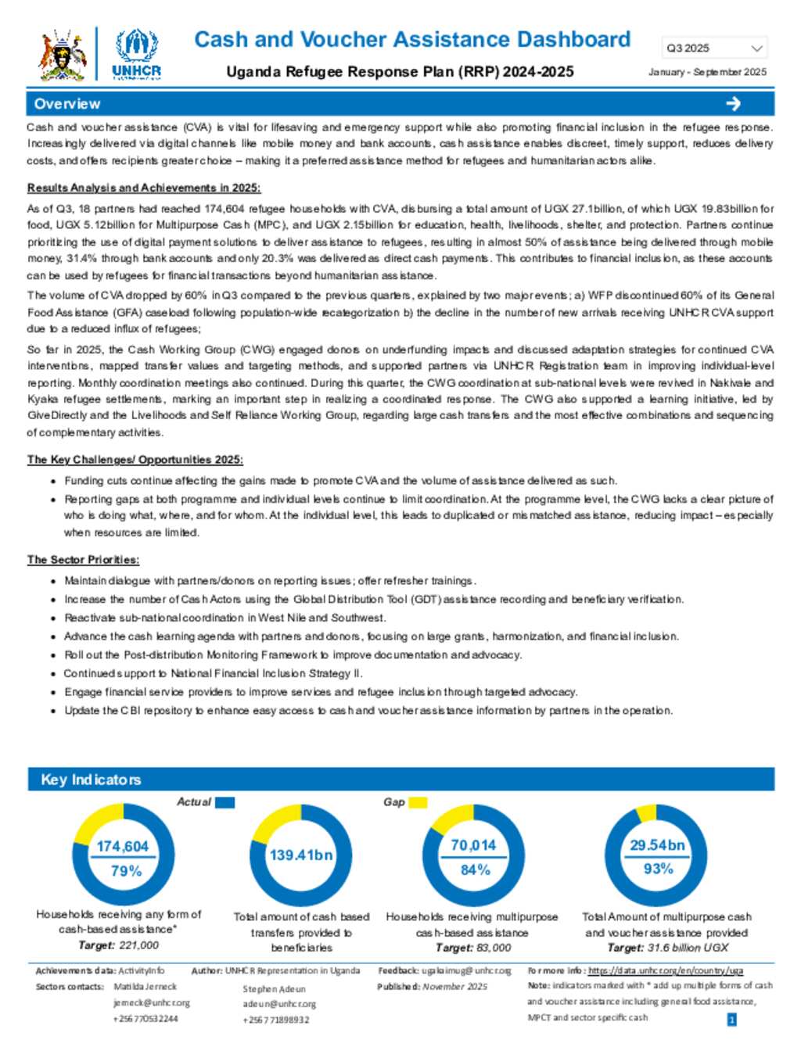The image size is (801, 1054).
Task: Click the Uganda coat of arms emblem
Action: (62, 55)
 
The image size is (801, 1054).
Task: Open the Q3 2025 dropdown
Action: (713, 48)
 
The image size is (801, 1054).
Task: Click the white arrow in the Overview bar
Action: (733, 104)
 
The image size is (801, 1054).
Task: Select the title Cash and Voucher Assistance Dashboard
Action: (412, 40)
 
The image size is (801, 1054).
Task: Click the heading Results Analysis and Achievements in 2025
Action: (144, 188)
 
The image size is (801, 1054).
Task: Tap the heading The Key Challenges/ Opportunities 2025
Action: (135, 460)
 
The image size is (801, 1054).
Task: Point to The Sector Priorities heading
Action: (83, 560)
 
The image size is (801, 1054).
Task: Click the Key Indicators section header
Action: (92, 780)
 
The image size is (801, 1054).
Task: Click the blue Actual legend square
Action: (224, 802)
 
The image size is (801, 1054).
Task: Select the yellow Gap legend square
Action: (418, 802)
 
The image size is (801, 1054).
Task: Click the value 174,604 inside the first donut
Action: (122, 846)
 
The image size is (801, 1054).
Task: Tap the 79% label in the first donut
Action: (126, 870)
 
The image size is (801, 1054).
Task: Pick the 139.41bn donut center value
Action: (301, 855)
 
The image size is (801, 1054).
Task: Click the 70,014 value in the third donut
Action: (473, 845)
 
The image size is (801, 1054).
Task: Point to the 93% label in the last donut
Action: (658, 869)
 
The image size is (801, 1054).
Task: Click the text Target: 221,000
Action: (118, 945)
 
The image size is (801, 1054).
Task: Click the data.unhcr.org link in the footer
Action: (666, 970)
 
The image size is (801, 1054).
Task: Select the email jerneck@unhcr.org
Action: (151, 1002)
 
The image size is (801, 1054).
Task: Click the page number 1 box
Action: (731, 1020)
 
